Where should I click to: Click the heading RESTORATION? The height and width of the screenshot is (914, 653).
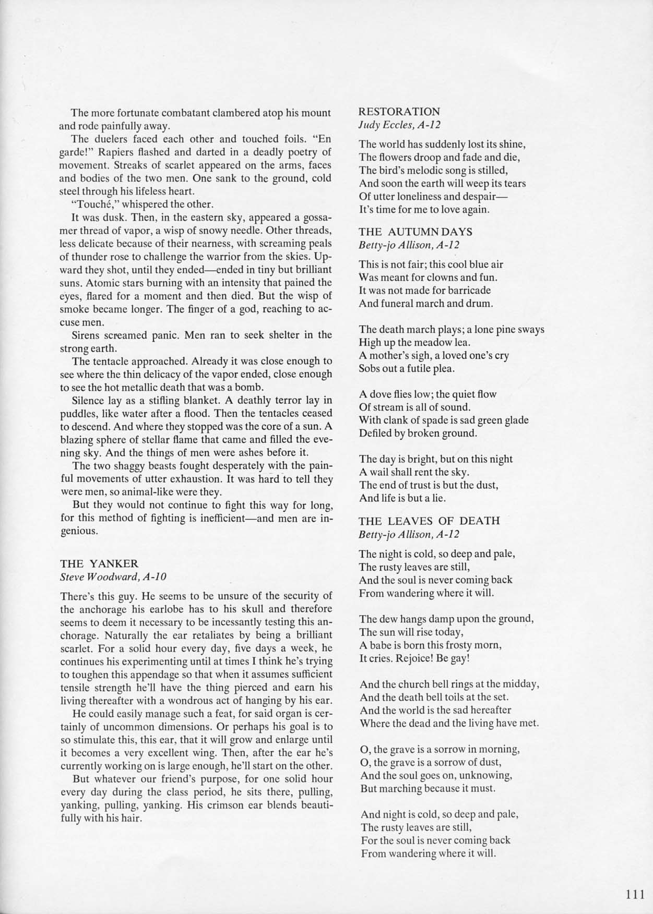tap(399, 112)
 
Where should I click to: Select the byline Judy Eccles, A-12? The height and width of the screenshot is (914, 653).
tap(399, 125)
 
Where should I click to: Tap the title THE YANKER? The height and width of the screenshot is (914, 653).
tap(99, 563)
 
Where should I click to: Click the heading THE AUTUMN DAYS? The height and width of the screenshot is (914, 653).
tap(415, 232)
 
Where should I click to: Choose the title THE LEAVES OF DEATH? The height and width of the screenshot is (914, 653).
tap(429, 521)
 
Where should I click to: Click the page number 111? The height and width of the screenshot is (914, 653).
tap(635, 894)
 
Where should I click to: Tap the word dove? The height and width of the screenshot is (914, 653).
tap(379, 394)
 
